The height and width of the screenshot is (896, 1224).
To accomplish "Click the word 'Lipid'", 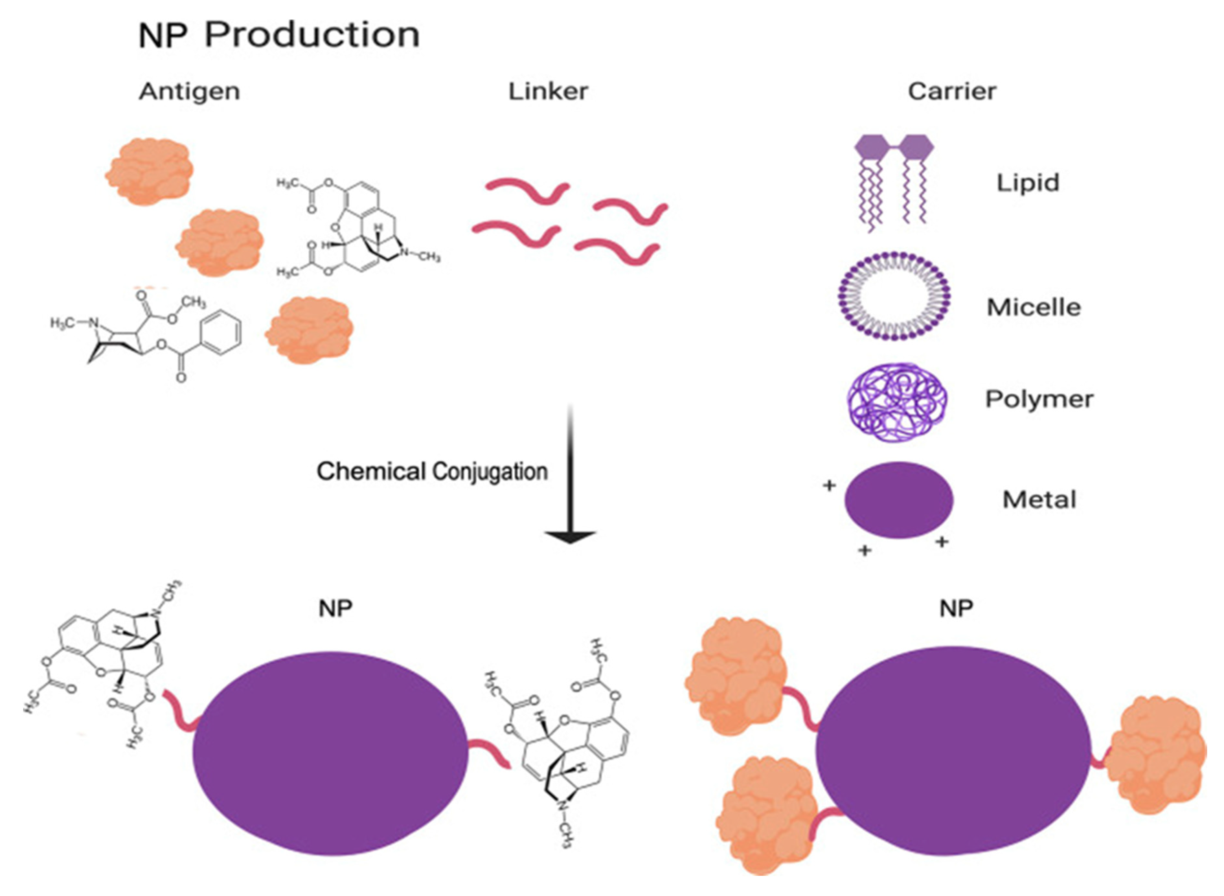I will pyautogui.click(x=1027, y=183).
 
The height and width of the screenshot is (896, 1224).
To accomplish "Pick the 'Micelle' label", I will pyautogui.click(x=1034, y=308).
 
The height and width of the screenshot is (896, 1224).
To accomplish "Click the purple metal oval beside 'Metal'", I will pyautogui.click(x=899, y=499).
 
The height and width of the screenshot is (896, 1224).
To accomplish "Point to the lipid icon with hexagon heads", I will pyautogui.click(x=894, y=182).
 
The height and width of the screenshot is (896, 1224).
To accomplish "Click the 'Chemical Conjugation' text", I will pyautogui.click(x=432, y=471).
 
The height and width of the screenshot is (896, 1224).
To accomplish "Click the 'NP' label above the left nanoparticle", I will pyautogui.click(x=335, y=609).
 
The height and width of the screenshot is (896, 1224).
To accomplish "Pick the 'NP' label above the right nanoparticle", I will pyautogui.click(x=956, y=609).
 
